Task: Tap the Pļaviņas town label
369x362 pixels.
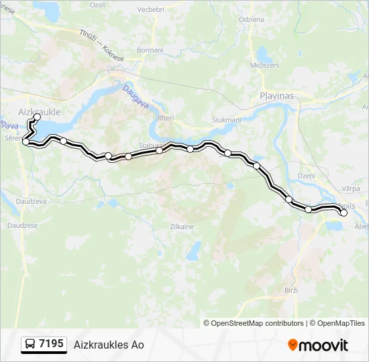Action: pos(277,97)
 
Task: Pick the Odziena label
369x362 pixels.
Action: pos(250,19)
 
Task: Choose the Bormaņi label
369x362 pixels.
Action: pos(150,50)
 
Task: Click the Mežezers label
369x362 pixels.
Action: pos(264,66)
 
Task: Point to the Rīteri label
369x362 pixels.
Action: pos(165,118)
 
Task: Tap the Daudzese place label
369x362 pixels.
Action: pos(23,225)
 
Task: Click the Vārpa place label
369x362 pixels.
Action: pos(350,189)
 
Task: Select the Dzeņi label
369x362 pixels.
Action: pos(306,175)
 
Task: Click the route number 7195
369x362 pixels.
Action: pos(52,344)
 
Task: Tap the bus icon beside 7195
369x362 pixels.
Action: pos(30,345)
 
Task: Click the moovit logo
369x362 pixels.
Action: pos(318,345)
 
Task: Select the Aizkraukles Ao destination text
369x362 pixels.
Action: pos(109,345)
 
